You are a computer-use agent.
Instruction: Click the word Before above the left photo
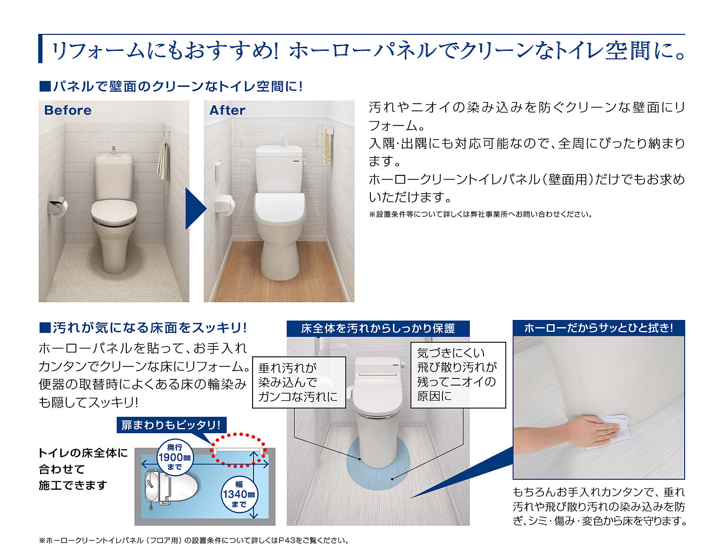[x=67, y=110]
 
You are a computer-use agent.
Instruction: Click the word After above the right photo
[x=227, y=110]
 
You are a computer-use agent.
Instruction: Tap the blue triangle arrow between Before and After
[x=196, y=208]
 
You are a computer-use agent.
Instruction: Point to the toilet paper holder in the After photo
[x=225, y=205]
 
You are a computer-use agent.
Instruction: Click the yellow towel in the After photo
[x=327, y=146]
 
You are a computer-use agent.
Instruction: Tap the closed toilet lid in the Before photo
[x=114, y=210]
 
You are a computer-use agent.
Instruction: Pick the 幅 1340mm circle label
[x=238, y=494]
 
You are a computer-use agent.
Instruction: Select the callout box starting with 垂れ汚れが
[x=299, y=382]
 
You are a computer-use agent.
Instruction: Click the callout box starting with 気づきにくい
[x=458, y=375]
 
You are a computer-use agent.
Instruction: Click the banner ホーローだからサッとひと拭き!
[x=598, y=328]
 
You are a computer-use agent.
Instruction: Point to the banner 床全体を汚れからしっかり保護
[x=378, y=329]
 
